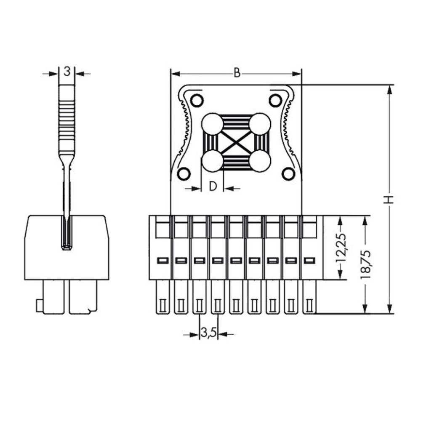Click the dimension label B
tap(237, 73)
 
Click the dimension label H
tap(389, 199)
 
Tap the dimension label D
tap(213, 187)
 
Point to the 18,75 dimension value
tap(365, 265)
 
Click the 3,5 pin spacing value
tap(208, 334)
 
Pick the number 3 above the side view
tap(67, 72)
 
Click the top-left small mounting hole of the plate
tap(196, 100)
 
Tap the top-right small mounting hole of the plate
tap(275, 100)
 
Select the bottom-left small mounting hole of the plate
tap(184, 173)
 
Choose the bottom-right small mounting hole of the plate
tap(288, 173)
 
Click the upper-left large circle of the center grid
tap(212, 124)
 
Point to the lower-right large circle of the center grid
tap(259, 161)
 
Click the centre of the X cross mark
tap(236, 143)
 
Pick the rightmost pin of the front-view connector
tap(309, 297)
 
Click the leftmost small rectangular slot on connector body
tap(162, 261)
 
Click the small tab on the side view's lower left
tap(39, 306)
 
